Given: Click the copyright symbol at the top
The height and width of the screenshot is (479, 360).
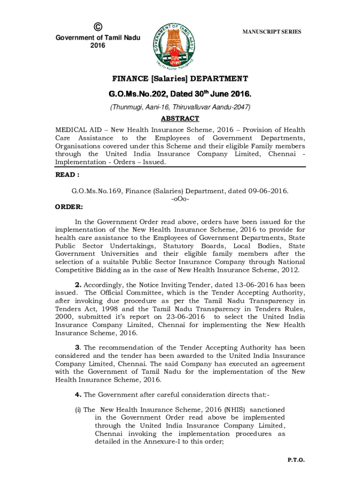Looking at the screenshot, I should [98, 27].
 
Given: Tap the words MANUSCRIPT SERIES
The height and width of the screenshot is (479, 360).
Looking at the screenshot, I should [272, 32].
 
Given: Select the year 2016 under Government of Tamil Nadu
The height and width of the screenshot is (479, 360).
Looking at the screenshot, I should [98, 45].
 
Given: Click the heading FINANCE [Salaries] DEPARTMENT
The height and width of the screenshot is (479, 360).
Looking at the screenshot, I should [180, 79].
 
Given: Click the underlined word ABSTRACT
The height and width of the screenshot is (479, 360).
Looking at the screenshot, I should [180, 119].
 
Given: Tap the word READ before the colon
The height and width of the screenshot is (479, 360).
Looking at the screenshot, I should [65, 174].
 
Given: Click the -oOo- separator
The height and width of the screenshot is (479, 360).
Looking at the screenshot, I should [180, 199].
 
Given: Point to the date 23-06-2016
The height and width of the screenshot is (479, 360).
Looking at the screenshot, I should [188, 317].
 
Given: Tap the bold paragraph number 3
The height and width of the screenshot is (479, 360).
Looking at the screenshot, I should [78, 348].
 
